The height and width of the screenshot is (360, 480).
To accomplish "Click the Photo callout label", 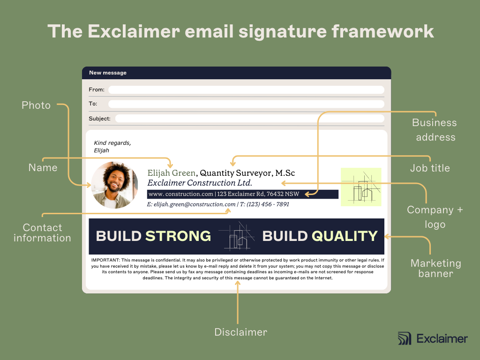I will click(36, 105).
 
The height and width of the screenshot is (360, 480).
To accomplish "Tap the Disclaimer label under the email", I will click(240, 332).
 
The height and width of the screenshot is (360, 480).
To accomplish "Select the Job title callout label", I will click(430, 168).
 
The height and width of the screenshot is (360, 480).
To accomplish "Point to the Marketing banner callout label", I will click(435, 268).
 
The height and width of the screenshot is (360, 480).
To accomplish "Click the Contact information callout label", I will click(42, 232).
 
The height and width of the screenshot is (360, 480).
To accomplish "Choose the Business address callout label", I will click(434, 130).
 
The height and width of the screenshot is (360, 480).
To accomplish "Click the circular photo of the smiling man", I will click(114, 185).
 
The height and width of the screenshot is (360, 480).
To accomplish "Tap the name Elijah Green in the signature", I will click(171, 173).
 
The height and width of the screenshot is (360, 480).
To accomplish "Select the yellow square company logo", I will click(361, 187).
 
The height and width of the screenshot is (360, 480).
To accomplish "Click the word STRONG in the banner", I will click(178, 236).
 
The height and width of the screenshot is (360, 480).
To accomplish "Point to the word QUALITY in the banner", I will click(345, 236).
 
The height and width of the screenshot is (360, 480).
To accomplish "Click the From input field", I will click(246, 90).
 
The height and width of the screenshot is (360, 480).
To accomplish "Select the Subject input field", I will click(249, 119).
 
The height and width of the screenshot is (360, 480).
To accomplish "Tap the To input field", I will click(246, 104).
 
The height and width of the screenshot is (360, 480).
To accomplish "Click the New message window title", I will click(108, 73).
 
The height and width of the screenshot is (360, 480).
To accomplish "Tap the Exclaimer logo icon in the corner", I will click(404, 338).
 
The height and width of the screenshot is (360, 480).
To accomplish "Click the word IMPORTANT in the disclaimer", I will click(105, 260).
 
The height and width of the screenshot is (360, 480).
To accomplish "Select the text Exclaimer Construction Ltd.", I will click(200, 183).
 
